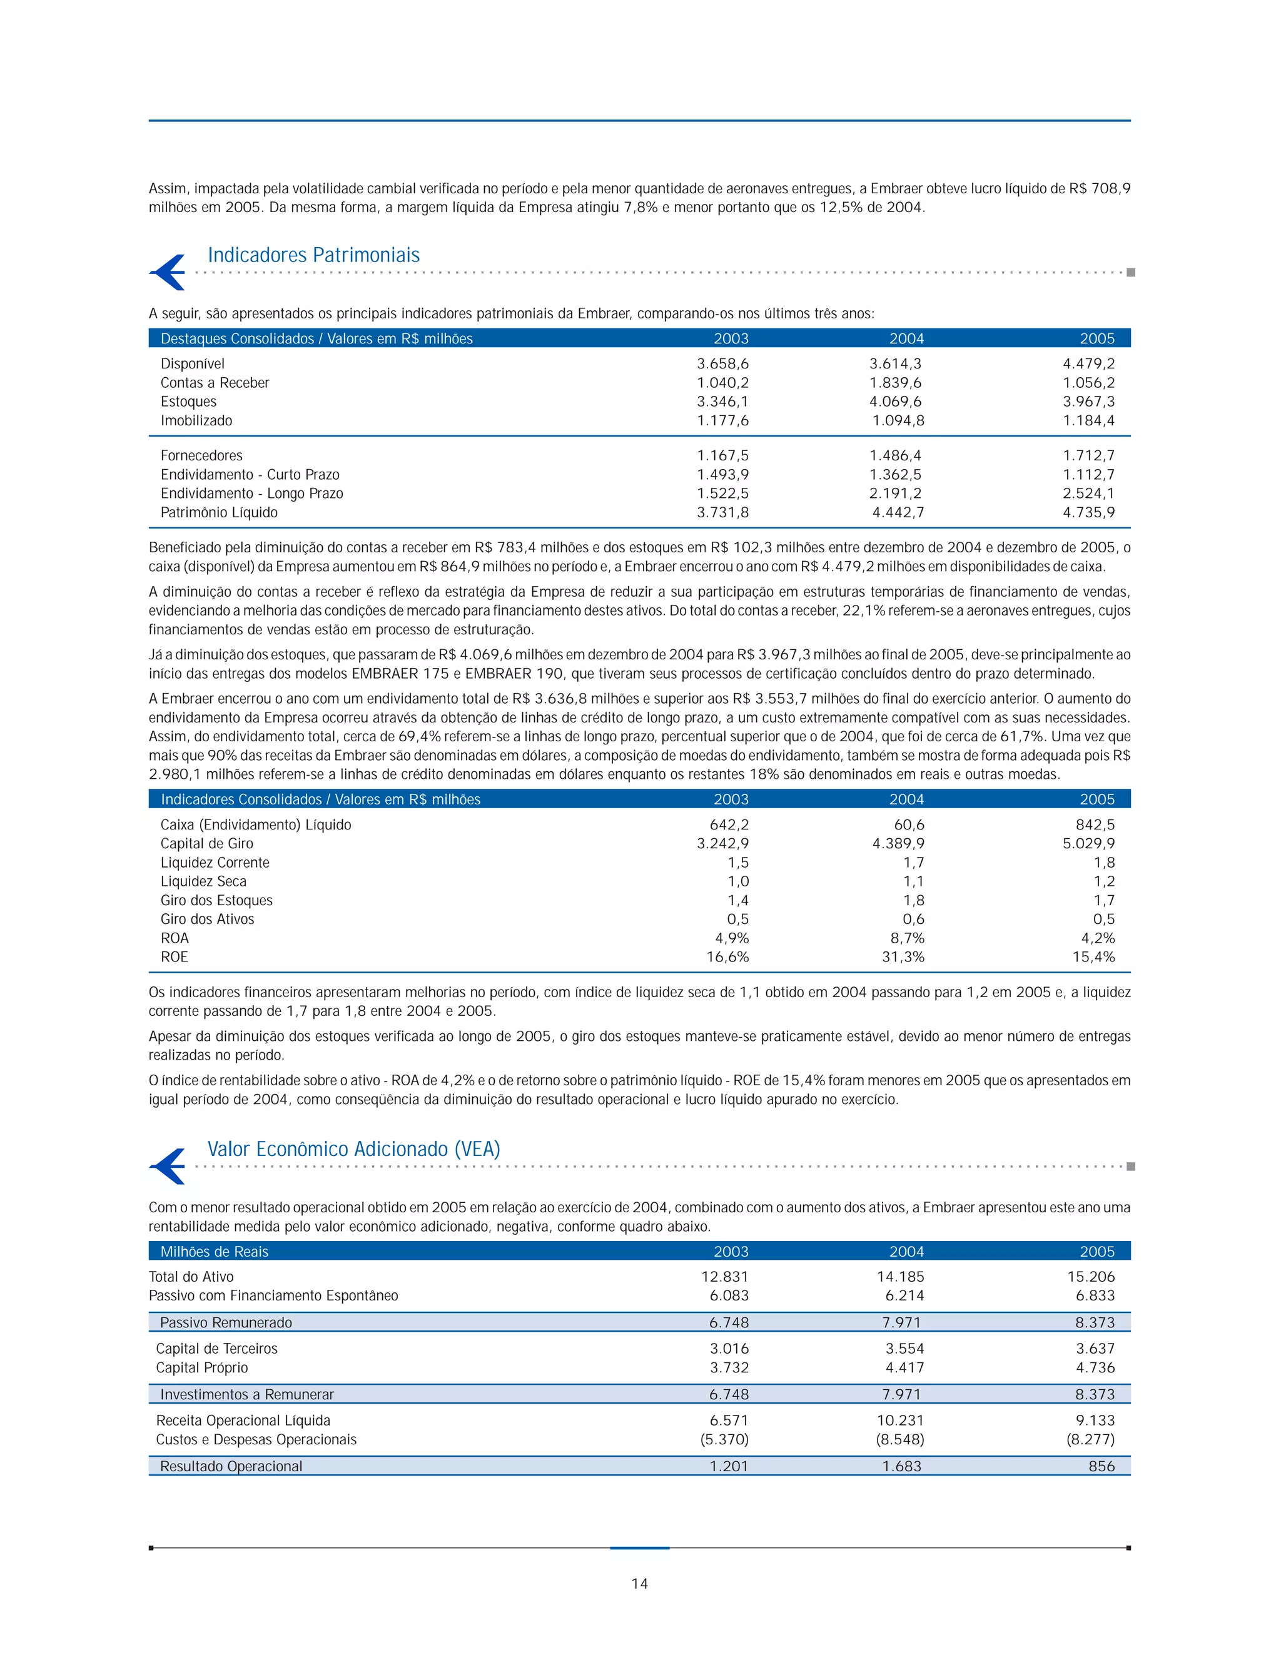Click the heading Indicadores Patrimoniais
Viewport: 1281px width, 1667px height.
click(x=313, y=255)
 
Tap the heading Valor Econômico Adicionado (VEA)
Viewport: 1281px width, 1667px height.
click(x=354, y=1148)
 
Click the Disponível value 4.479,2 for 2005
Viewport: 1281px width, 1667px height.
click(x=1088, y=364)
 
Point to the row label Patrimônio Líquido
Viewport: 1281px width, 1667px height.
click(x=219, y=512)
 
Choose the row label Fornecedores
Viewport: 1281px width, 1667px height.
click(x=201, y=455)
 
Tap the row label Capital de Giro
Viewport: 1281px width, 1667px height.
click(x=206, y=843)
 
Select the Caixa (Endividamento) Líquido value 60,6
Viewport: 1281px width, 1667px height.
click(x=909, y=824)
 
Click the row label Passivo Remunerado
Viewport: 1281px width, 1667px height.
click(x=226, y=1322)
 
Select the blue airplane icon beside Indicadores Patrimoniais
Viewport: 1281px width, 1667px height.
click(x=168, y=271)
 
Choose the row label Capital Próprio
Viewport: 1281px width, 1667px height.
click(x=202, y=1367)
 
